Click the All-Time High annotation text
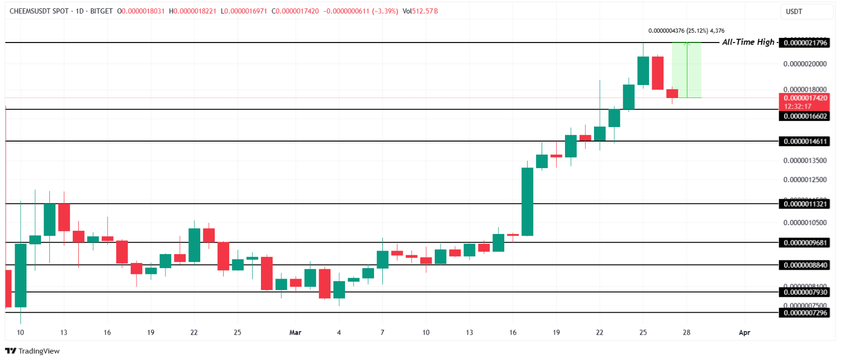click(748, 42)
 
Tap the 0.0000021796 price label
click(805, 43)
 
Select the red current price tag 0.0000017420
click(805, 98)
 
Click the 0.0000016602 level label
click(805, 116)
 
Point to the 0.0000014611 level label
click(805, 141)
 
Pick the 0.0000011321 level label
click(805, 204)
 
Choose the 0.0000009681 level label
click(805, 242)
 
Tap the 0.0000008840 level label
click(805, 265)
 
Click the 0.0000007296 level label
click(805, 313)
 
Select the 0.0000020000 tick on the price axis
click(805, 64)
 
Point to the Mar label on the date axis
click(295, 333)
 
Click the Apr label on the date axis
click(744, 333)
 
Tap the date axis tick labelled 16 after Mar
click(513, 333)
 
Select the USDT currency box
click(794, 11)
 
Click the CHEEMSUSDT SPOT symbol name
click(39, 11)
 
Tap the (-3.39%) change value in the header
click(385, 11)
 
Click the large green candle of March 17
click(527, 202)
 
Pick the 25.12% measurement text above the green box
click(697, 31)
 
